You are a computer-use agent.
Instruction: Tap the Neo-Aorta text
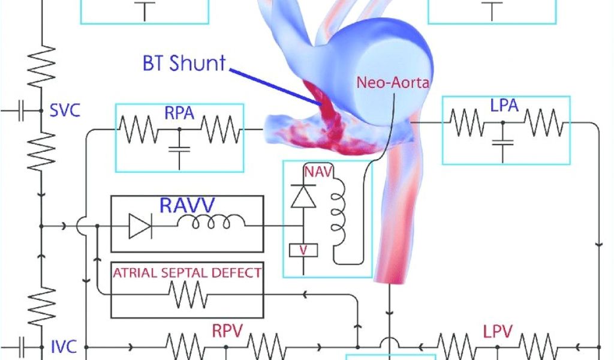pyautogui.click(x=393, y=83)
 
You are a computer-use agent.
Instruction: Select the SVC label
pyautogui.click(x=65, y=111)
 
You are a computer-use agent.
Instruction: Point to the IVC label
pyautogui.click(x=64, y=346)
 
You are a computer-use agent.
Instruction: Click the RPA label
pyautogui.click(x=179, y=112)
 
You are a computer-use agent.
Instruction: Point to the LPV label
pyautogui.click(x=497, y=330)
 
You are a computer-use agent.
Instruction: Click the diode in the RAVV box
pyautogui.click(x=140, y=226)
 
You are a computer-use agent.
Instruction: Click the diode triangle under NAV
pyautogui.click(x=303, y=197)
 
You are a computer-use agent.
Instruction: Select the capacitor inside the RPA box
pyautogui.click(x=179, y=149)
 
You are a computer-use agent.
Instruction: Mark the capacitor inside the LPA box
pyautogui.click(x=502, y=142)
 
